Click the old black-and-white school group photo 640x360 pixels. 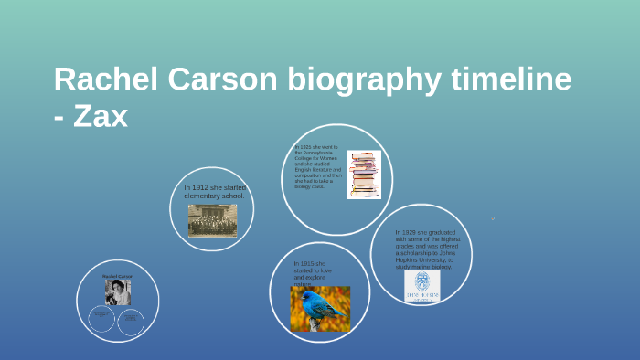212,220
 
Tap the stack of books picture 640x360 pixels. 363,174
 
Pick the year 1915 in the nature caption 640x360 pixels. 305,264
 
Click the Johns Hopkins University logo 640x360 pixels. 421,285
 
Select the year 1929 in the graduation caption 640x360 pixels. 408,232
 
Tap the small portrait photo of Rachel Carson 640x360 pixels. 117,291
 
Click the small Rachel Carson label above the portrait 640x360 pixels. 117,276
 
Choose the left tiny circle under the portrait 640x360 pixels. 101,319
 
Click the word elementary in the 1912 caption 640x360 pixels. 201,196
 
